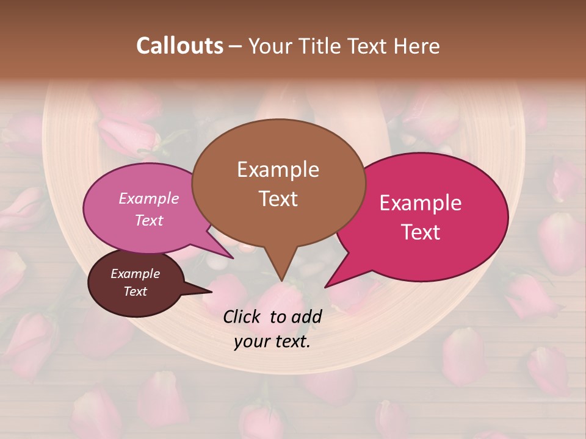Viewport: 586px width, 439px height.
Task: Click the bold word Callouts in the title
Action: tap(179, 46)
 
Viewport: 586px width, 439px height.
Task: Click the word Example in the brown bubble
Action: tap(278, 170)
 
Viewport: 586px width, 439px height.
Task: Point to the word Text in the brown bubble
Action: tap(278, 199)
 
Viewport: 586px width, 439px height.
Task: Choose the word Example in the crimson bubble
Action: tap(421, 203)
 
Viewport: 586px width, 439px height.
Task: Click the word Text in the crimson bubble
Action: tap(421, 232)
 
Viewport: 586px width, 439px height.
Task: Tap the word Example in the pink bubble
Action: tap(149, 198)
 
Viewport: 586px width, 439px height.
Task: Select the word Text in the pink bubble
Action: tap(149, 220)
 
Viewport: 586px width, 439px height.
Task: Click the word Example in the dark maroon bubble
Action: tap(135, 274)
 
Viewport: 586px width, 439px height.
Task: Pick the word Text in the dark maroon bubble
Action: tap(135, 291)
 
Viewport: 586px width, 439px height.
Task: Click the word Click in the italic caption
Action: tap(244, 316)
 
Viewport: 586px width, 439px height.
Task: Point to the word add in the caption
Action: tap(306, 316)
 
